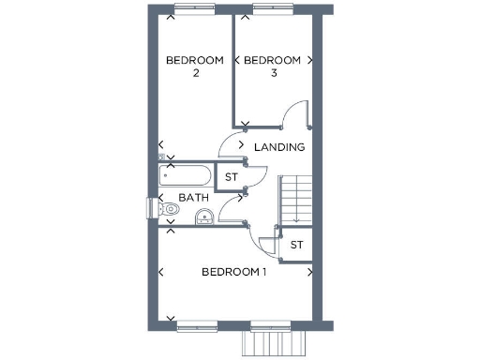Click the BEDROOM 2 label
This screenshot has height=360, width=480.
coord(195,67)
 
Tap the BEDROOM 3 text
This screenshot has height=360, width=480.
coord(272,67)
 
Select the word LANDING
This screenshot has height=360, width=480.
coord(279,147)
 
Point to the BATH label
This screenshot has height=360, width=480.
coord(194,198)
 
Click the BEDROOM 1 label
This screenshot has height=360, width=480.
coord(234,272)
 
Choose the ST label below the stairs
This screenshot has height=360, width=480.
coord(296,245)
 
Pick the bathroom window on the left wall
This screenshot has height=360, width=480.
coord(148,208)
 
